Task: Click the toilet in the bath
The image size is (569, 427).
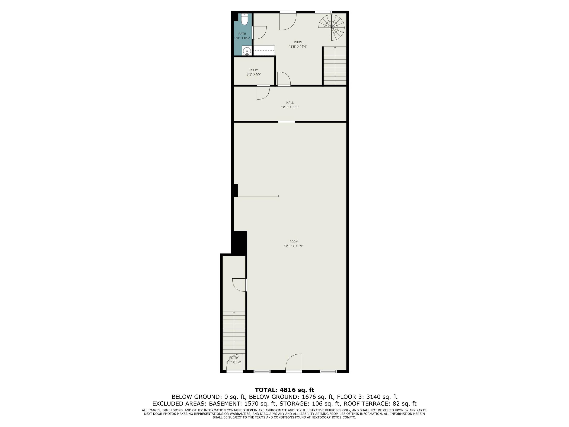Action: click(x=244, y=19)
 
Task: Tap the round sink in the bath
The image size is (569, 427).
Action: click(x=247, y=51)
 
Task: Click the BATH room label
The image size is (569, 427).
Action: click(x=242, y=34)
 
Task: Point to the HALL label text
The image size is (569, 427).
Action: click(x=290, y=103)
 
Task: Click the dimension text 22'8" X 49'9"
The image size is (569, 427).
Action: click(x=294, y=246)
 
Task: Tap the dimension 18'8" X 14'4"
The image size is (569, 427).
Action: click(x=298, y=47)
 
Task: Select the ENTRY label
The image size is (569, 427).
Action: click(x=234, y=358)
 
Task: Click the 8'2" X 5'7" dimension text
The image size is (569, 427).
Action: click(x=254, y=74)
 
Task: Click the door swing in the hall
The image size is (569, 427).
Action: click(x=263, y=93)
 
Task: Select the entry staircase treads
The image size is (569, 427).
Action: click(x=234, y=332)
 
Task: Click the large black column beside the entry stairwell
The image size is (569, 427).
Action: click(x=240, y=243)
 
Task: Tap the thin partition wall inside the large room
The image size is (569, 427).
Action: click(x=258, y=196)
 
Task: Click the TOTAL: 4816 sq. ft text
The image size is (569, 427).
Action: click(x=285, y=390)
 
